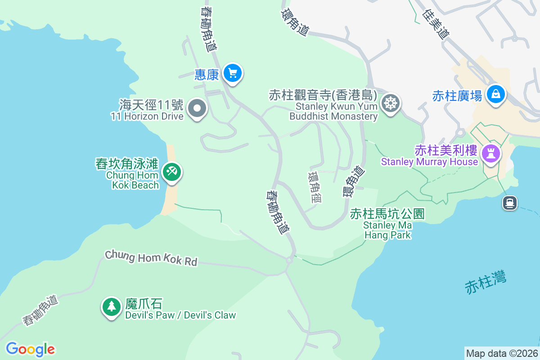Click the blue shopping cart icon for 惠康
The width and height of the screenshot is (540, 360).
coord(232,73)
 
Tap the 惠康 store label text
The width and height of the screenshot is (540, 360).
coord(207,74)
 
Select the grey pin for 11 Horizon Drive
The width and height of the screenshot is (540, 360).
coord(197,108)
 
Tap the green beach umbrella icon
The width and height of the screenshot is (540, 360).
coord(171,171)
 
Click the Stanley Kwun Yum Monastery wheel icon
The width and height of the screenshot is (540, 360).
coord(390,103)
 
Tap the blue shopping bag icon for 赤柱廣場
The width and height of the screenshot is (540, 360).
coord(495,94)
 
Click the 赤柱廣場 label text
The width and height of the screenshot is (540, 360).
coord(457,95)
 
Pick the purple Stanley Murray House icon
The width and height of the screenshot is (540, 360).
coord(491,153)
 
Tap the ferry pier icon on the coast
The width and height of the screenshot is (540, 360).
coord(509,203)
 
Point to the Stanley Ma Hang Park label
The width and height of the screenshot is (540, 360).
coord(387,224)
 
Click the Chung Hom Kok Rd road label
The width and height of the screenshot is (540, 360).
coord(151,258)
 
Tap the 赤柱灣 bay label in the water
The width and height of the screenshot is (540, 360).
coord(486,282)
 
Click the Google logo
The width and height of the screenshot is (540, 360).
coord(30,349)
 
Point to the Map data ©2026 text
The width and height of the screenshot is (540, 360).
coord(502,353)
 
